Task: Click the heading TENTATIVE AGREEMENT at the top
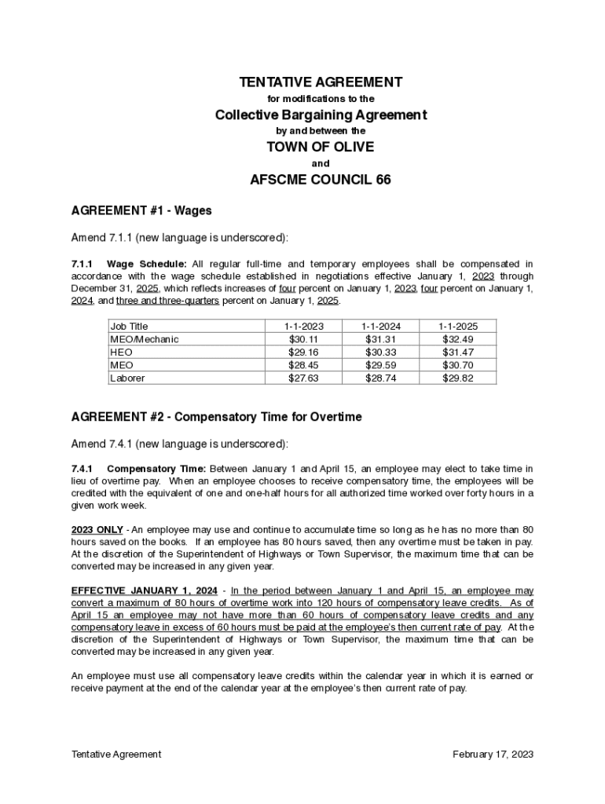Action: click(321, 82)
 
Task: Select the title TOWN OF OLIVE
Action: click(320, 147)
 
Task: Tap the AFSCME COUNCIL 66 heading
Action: click(320, 180)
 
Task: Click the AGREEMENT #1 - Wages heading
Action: click(141, 211)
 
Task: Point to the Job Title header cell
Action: click(129, 326)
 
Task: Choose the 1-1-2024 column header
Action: click(381, 326)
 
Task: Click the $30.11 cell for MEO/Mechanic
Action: click(304, 339)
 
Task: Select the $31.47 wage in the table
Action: click(457, 353)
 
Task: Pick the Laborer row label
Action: click(127, 378)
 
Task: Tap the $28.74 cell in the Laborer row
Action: click(381, 378)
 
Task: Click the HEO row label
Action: click(121, 353)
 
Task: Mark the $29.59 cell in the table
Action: click(381, 365)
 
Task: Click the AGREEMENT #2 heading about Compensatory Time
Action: click(216, 418)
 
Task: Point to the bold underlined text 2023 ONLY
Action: click(97, 529)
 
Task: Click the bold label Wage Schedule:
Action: click(147, 264)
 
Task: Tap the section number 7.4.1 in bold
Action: click(82, 469)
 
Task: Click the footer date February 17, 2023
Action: click(493, 755)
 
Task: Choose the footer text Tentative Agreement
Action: click(116, 755)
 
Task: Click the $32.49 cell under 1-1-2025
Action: click(457, 339)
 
